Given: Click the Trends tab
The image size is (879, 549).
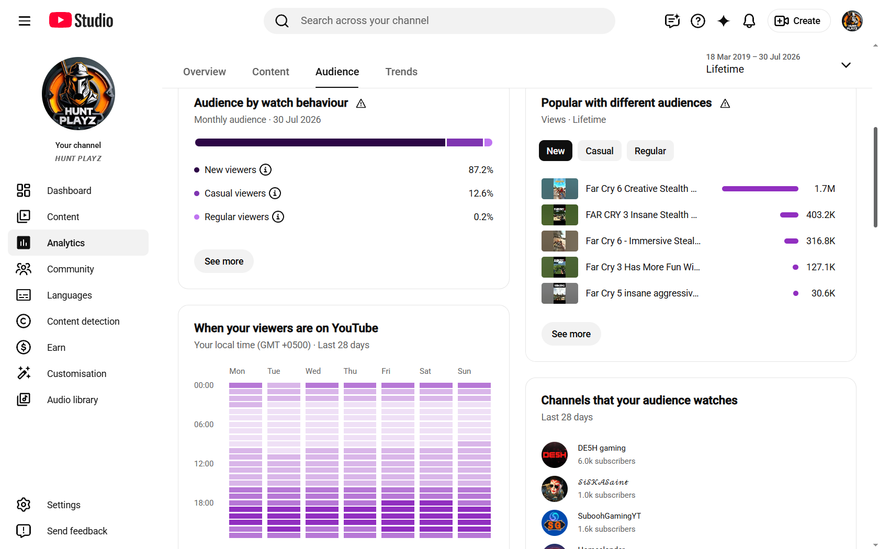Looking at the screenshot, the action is pos(401,72).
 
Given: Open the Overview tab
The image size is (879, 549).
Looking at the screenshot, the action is pos(205,72).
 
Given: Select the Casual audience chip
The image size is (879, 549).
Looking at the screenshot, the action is pos(599,151).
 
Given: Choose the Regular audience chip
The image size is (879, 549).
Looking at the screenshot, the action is pos(650,151).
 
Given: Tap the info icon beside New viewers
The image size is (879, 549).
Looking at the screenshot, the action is pos(266,170).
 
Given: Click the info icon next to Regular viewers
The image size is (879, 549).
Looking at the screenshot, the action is pos(278,217).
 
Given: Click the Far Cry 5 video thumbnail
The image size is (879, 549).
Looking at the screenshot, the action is pos(560,293).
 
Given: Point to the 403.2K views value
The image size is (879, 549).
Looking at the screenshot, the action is pos(820,215).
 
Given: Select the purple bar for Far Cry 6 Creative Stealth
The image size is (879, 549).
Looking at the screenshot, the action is pos(760,189).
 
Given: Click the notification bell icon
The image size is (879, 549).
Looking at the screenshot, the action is pos(749,21).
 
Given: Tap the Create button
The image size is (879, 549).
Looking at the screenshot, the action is pos(798,21).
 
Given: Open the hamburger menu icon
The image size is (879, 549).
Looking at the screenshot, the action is pos(24,21).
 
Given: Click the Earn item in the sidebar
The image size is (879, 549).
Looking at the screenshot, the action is pos(56,347).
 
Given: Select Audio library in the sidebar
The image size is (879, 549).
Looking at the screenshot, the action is pos(72,399).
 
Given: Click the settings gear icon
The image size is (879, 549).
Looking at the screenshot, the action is pos(24,505).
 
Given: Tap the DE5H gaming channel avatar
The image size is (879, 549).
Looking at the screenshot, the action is pos(555,455).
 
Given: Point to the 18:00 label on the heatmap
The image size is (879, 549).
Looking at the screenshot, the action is pos(204,503).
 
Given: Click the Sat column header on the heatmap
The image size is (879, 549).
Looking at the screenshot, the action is pos(425,371).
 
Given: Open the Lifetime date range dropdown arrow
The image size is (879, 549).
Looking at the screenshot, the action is pos(846,65).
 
